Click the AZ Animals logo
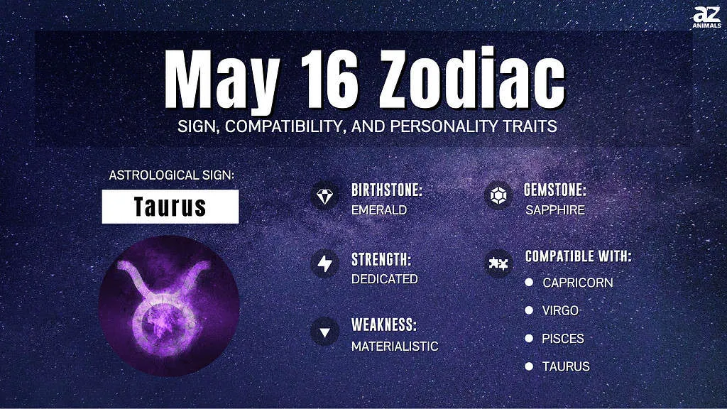706,17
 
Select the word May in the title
222,81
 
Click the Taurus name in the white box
170,207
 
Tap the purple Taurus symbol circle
169,305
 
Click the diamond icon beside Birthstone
324,196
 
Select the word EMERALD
379,210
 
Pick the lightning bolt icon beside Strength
324,264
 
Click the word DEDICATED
384,278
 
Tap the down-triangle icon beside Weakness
324,332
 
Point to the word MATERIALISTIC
395,347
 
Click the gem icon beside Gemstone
498,195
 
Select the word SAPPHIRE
555,210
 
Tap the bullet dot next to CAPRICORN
529,282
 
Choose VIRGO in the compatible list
560,310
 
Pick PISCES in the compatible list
563,339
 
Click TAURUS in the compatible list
566,366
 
